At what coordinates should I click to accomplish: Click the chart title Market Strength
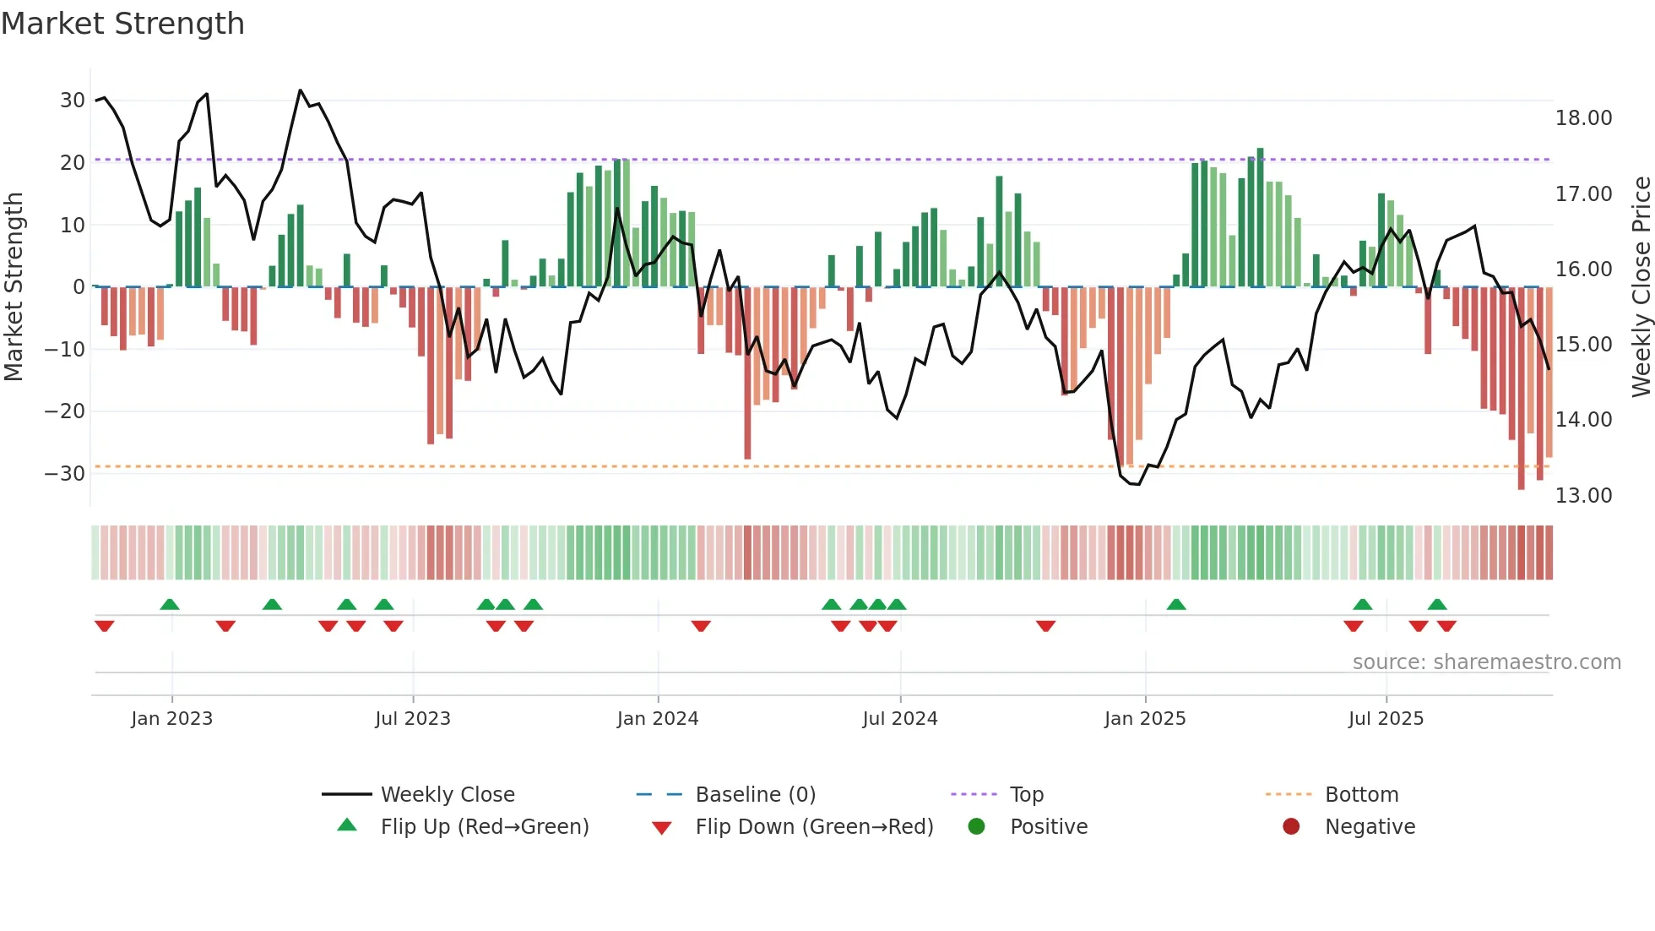click(122, 24)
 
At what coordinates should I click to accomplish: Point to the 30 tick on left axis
click(73, 101)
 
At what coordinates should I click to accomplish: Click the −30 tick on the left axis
click(65, 473)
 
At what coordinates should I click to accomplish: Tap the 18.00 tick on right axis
click(1583, 118)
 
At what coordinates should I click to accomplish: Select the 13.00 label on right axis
click(1583, 496)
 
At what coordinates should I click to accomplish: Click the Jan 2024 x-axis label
click(658, 719)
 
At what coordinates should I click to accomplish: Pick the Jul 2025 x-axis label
click(1386, 719)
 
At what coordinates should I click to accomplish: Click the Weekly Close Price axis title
click(1641, 287)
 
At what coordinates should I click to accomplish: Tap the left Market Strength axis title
click(14, 287)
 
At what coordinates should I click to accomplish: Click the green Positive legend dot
click(977, 827)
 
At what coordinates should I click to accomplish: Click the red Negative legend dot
click(1291, 827)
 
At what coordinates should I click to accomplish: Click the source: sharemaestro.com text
click(1486, 662)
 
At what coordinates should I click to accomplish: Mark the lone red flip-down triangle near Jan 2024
click(701, 626)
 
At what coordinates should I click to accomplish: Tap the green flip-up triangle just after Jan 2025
click(1176, 604)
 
